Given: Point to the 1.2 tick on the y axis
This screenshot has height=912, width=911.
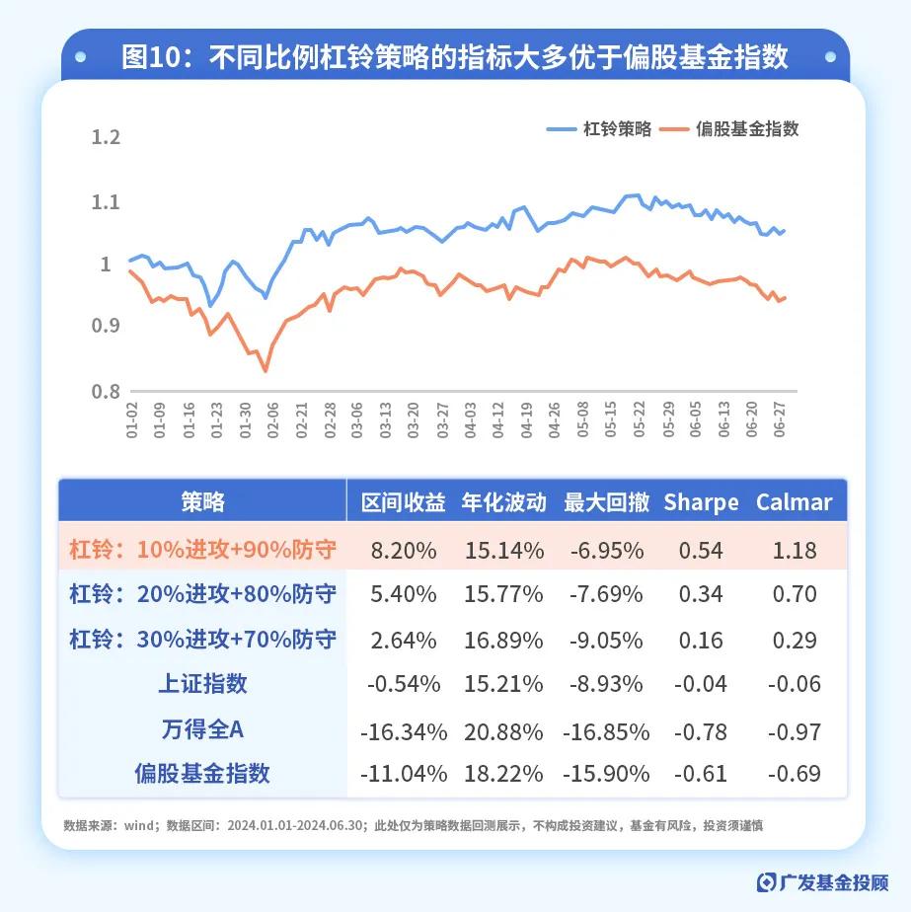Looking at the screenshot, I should pos(106,137).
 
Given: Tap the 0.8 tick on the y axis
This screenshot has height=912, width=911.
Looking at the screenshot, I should pos(106,392).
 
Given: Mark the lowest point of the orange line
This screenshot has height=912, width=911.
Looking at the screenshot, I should pos(265,371).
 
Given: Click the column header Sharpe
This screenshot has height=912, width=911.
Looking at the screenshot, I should pos(701,502).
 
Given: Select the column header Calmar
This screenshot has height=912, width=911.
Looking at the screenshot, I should pos(795,502).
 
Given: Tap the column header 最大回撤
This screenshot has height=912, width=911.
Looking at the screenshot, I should pos(606,502).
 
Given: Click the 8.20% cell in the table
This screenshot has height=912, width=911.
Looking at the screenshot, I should pos(404,550).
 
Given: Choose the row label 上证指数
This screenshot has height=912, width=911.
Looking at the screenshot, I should pos(202,683).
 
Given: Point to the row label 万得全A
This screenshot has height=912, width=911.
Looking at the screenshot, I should pos(202,730).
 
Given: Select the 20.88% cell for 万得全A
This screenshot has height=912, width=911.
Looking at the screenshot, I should pos(502,731).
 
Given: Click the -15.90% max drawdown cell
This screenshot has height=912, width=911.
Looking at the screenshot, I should pos(606,774).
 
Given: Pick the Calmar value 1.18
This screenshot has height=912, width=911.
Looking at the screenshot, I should pos(795,550).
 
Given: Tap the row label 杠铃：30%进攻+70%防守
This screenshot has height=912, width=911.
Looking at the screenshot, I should pos(202,639).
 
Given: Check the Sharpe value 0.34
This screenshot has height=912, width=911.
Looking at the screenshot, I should pos(701,594).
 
